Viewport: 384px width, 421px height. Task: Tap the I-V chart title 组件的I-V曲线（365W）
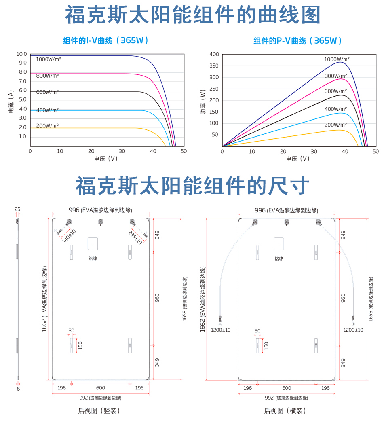106,40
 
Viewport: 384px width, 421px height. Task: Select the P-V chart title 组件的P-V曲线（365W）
298,40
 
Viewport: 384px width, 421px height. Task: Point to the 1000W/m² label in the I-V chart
49,59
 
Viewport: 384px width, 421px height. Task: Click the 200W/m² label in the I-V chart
47,125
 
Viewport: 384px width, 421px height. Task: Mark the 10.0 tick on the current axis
22,54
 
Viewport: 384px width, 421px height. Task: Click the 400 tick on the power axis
214,54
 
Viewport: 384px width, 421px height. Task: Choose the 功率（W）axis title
203,101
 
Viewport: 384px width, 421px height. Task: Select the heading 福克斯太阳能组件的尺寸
192,186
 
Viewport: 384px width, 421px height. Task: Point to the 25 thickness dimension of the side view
17,209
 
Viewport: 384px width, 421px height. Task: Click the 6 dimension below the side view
18,389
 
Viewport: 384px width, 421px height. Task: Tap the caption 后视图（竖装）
99,411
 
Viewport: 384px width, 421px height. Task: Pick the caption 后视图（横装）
285,411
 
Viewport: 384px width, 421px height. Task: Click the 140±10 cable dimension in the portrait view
69,236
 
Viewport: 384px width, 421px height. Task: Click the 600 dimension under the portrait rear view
100,388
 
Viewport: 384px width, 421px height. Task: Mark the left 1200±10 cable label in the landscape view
221,330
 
